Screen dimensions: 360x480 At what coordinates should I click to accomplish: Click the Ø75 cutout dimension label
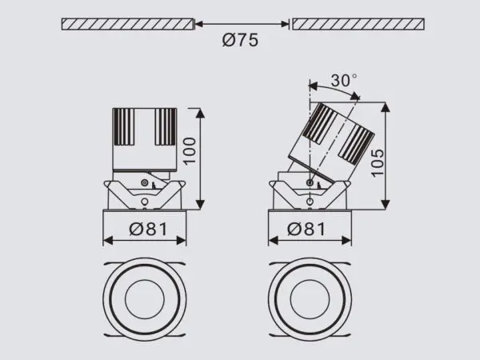tap(242, 42)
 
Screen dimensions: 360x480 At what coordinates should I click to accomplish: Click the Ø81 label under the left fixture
tap(146, 230)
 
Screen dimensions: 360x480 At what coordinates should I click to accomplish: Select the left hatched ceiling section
tap(127, 24)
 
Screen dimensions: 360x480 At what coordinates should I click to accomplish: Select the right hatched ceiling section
tap(357, 24)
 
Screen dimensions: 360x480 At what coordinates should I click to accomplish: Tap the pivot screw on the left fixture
tap(144, 185)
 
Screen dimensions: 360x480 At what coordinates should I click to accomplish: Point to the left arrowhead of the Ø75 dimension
tap(199, 24)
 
